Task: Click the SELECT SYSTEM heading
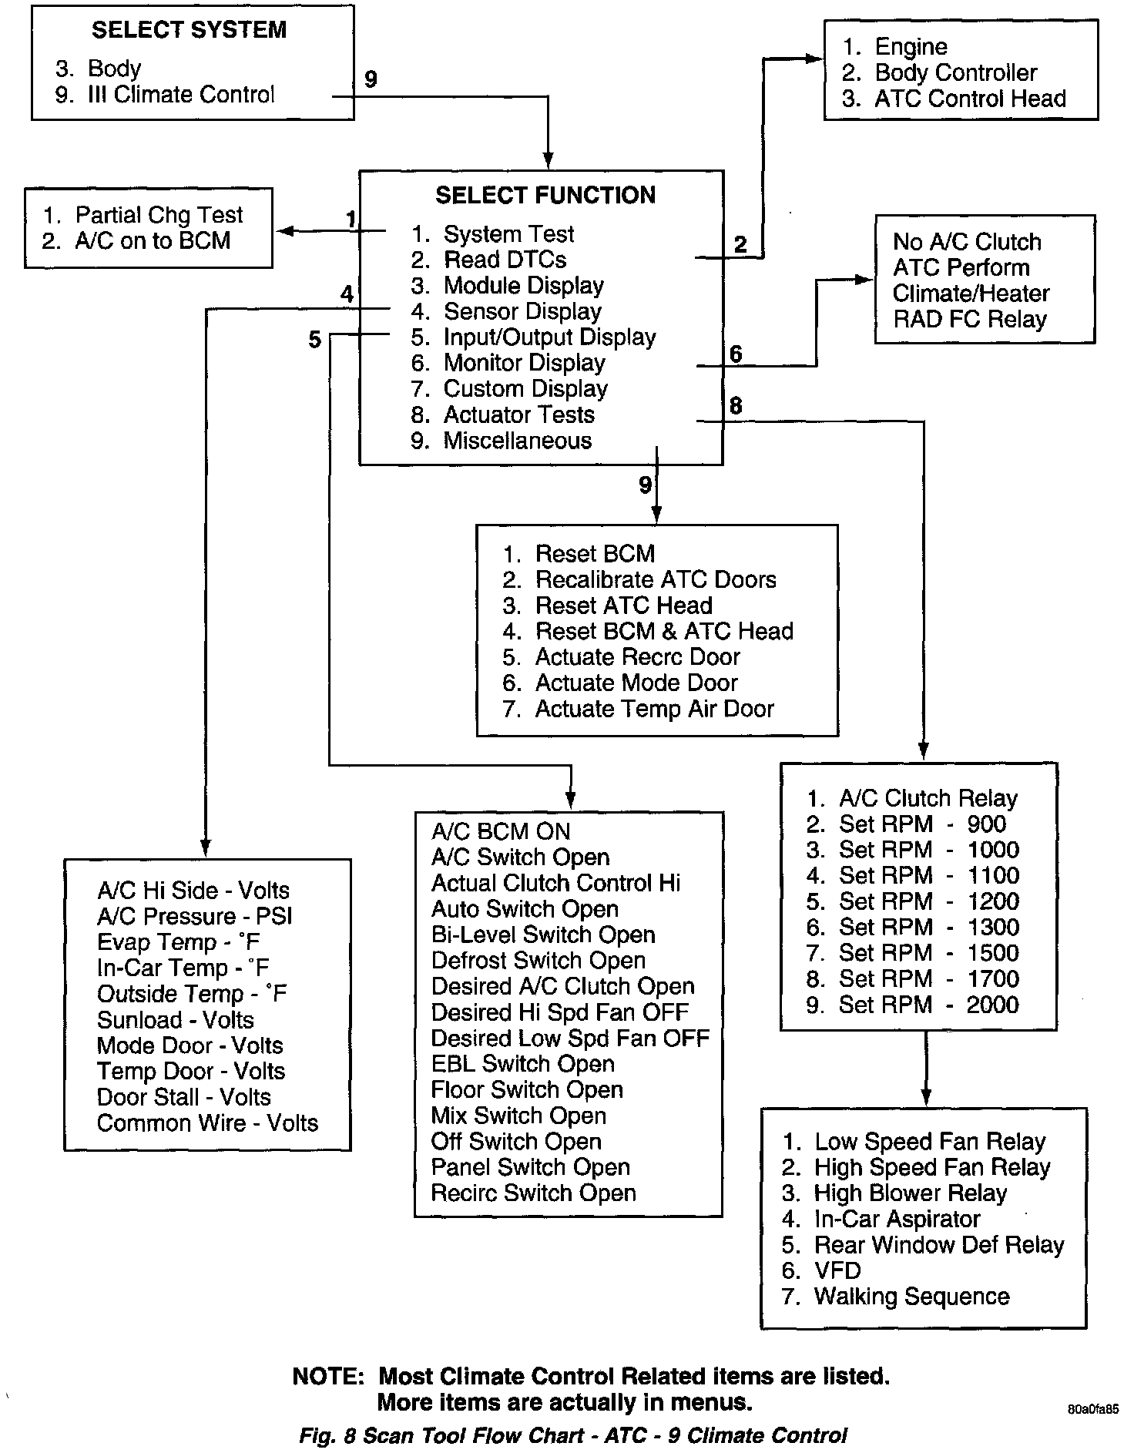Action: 189,30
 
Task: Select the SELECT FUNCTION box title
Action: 545,195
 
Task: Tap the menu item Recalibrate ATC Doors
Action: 656,579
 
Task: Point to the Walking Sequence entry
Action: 911,1296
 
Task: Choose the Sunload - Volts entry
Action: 176,1020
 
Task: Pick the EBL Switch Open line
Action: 523,1064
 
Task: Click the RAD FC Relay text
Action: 970,319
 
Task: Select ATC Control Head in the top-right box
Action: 970,99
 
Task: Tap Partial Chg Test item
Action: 159,215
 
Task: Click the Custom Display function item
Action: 525,389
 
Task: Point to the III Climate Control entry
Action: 180,95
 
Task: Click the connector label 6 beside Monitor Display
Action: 736,354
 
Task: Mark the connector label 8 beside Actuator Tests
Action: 736,406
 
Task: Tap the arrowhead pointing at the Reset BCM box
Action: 656,515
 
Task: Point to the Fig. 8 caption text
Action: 572,1436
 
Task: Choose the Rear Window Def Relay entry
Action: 939,1244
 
